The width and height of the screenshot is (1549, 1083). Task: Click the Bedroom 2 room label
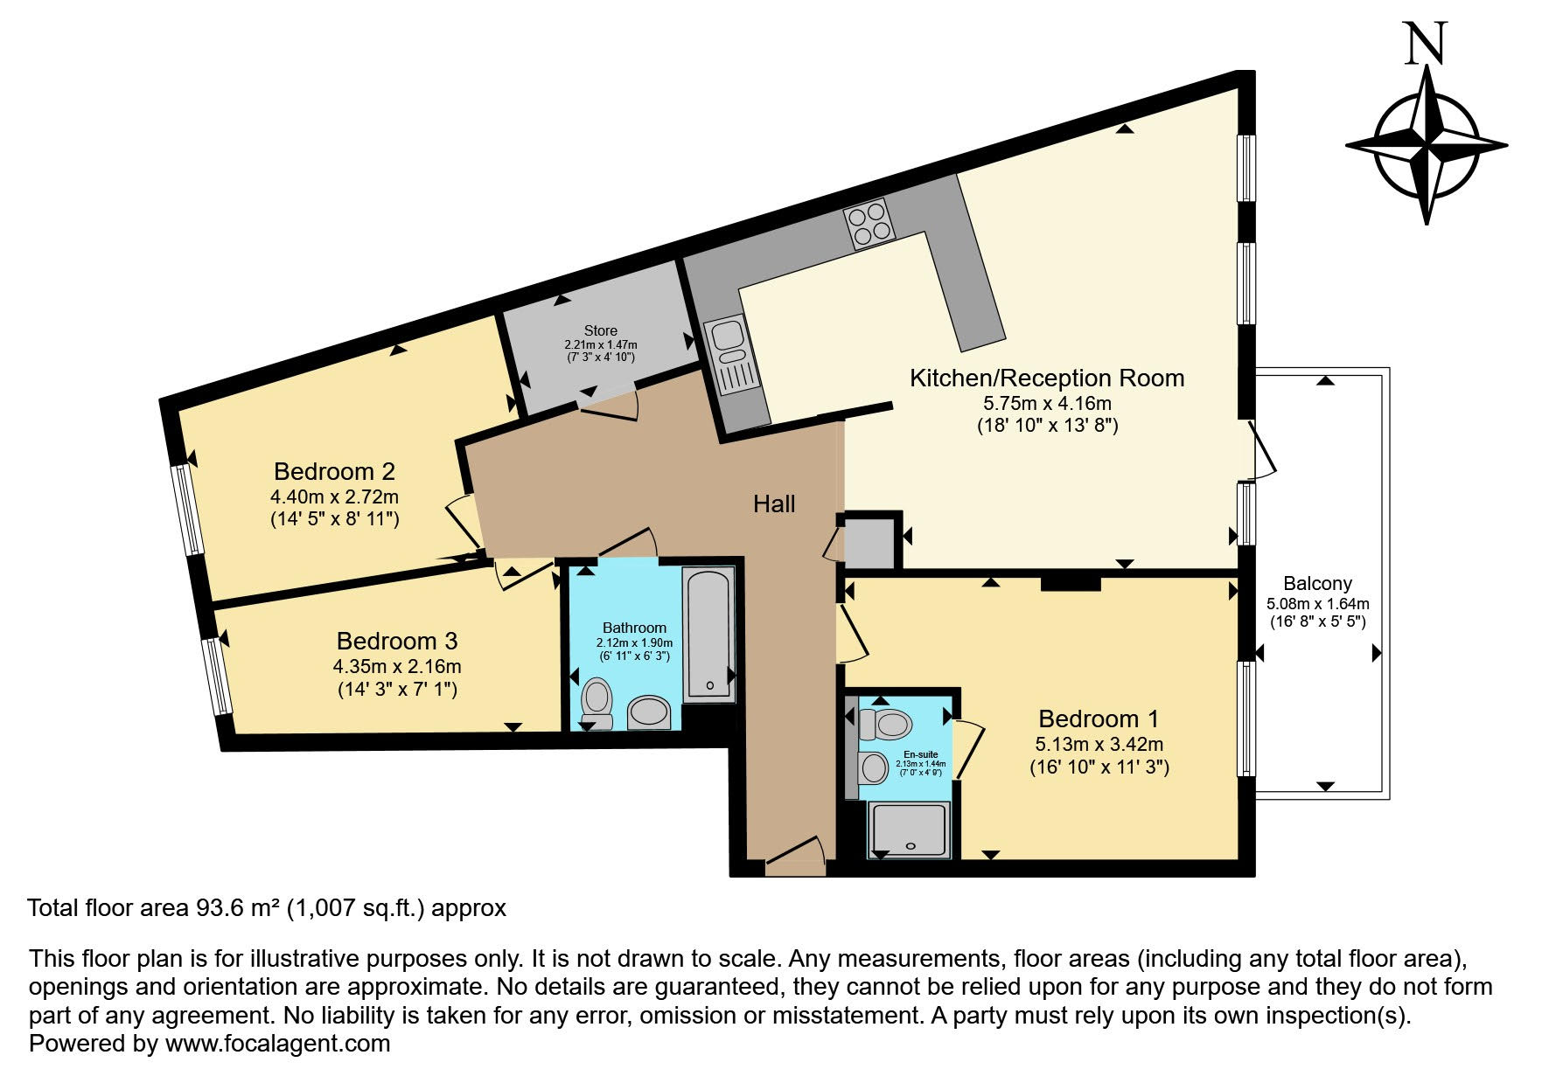pyautogui.click(x=334, y=472)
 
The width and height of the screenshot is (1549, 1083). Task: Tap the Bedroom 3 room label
pyautogui.click(x=397, y=642)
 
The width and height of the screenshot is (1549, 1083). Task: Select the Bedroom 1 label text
pyautogui.click(x=1099, y=719)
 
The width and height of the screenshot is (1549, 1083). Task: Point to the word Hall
pyautogui.click(x=774, y=503)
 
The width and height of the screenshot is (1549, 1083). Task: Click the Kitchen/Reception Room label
pyautogui.click(x=1047, y=378)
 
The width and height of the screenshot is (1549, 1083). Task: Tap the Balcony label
pyautogui.click(x=1317, y=583)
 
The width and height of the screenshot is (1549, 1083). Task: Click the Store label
pyautogui.click(x=601, y=330)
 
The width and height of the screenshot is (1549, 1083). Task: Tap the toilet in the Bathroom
pyautogui.click(x=597, y=702)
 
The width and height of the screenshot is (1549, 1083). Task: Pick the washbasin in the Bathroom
pyautogui.click(x=649, y=712)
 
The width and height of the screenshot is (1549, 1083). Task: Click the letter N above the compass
pyautogui.click(x=1426, y=44)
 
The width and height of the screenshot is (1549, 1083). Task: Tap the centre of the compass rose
pyautogui.click(x=1427, y=145)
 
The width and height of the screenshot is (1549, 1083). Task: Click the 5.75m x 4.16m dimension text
pyautogui.click(x=1047, y=404)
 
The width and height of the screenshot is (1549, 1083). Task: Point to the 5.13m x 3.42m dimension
pyautogui.click(x=1099, y=745)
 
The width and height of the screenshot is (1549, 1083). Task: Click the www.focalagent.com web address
pyautogui.click(x=277, y=1044)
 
